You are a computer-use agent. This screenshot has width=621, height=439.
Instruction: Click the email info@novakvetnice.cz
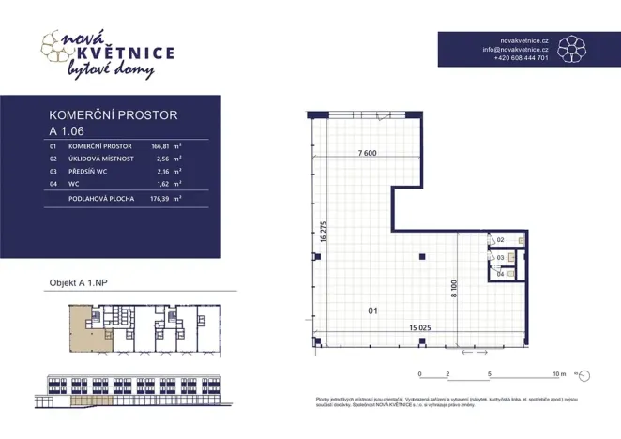click(x=516, y=50)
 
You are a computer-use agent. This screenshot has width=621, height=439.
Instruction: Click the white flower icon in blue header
click(x=571, y=49)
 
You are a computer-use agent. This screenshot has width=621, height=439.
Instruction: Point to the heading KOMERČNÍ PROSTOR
click(x=113, y=114)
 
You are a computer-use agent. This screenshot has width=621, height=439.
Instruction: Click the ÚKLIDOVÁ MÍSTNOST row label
click(x=101, y=159)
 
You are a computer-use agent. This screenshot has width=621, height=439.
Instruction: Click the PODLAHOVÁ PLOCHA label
click(x=102, y=199)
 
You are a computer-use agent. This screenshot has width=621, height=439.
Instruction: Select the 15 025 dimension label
click(x=419, y=327)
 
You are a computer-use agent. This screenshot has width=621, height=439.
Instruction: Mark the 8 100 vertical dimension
click(x=452, y=287)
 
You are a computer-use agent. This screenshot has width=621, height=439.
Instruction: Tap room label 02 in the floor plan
click(x=500, y=241)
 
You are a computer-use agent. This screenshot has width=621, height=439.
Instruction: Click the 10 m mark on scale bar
click(x=560, y=374)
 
